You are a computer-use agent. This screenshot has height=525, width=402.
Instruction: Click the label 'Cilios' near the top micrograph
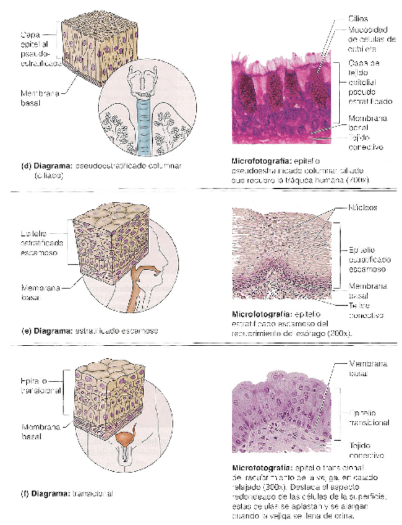tap(358, 20)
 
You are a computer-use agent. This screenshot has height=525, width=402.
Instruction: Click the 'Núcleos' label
tap(364, 208)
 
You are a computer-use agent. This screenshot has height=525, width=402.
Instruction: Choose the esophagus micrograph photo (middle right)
tap(282, 254)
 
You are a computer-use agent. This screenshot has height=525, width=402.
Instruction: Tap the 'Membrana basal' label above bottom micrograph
tap(367, 369)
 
